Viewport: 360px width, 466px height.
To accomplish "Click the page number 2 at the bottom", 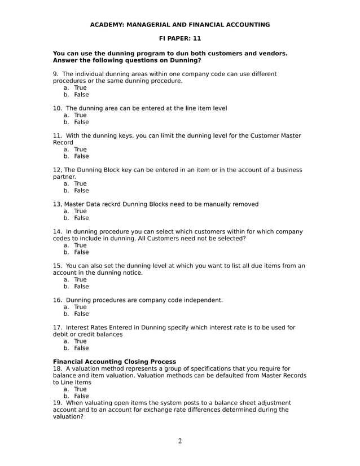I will pyautogui.click(x=180, y=441).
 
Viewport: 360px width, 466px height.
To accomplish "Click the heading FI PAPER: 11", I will pyautogui.click(x=180, y=38).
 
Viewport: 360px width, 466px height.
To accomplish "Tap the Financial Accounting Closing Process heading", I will pyautogui.click(x=114, y=362).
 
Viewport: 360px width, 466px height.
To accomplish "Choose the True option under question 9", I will pyautogui.click(x=80, y=88).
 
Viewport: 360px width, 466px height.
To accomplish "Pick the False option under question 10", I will pyautogui.click(x=81, y=122).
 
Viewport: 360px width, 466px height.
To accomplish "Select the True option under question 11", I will pyautogui.click(x=80, y=150).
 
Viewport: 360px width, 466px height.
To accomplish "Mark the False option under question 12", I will pyautogui.click(x=81, y=191).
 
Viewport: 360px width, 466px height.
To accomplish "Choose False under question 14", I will pyautogui.click(x=81, y=252).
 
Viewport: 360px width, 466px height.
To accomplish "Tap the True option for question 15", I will pyautogui.click(x=80, y=279).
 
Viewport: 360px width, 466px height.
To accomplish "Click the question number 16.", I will pyautogui.click(x=58, y=300).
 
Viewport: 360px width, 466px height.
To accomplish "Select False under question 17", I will pyautogui.click(x=81, y=348).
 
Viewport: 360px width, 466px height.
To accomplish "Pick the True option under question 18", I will pyautogui.click(x=80, y=389).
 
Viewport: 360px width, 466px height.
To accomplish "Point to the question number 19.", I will pyautogui.click(x=58, y=403).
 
